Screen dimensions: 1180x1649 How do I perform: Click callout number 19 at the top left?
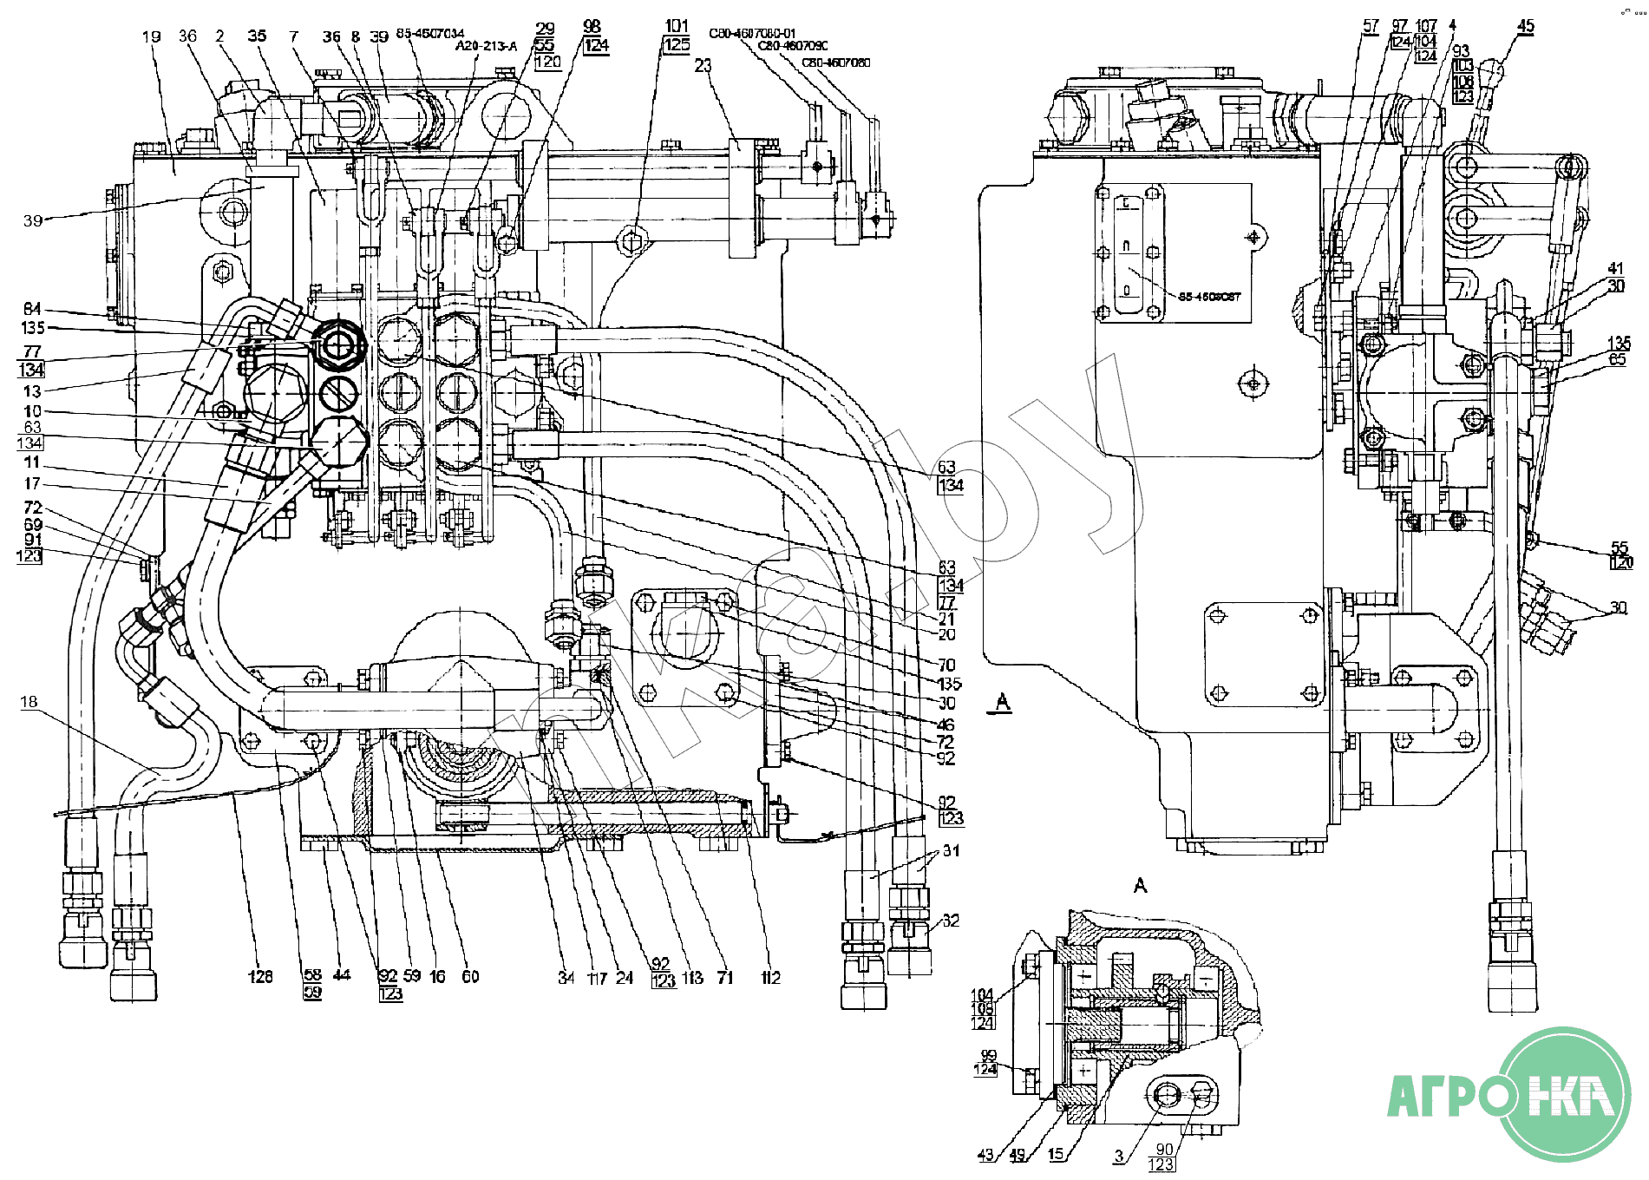(x=151, y=36)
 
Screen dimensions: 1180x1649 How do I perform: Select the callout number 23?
(x=703, y=65)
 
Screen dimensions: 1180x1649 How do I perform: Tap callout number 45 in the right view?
(x=1525, y=27)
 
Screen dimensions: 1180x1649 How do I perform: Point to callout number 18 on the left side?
(x=29, y=701)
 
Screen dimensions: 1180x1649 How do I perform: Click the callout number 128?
(x=260, y=977)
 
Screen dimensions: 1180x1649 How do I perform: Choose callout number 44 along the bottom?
(x=342, y=975)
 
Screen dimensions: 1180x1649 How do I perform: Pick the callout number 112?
(x=770, y=978)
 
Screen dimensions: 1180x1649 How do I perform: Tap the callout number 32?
(x=951, y=920)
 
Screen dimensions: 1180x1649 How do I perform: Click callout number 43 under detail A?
(x=985, y=1155)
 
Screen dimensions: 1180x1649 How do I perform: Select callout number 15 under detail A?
(x=1056, y=1154)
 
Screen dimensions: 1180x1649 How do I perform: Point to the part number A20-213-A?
(x=486, y=46)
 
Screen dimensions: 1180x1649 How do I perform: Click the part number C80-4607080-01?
(x=752, y=34)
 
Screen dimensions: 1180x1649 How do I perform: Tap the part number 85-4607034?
(x=430, y=33)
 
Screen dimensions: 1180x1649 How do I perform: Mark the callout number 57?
(x=1371, y=26)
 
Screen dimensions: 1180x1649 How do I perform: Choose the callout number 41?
(x=1615, y=268)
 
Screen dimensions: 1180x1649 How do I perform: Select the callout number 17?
(x=32, y=483)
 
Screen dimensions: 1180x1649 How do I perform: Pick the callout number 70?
(x=946, y=665)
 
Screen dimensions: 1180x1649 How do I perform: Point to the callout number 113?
(x=692, y=978)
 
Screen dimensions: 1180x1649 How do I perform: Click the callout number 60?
(x=470, y=976)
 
